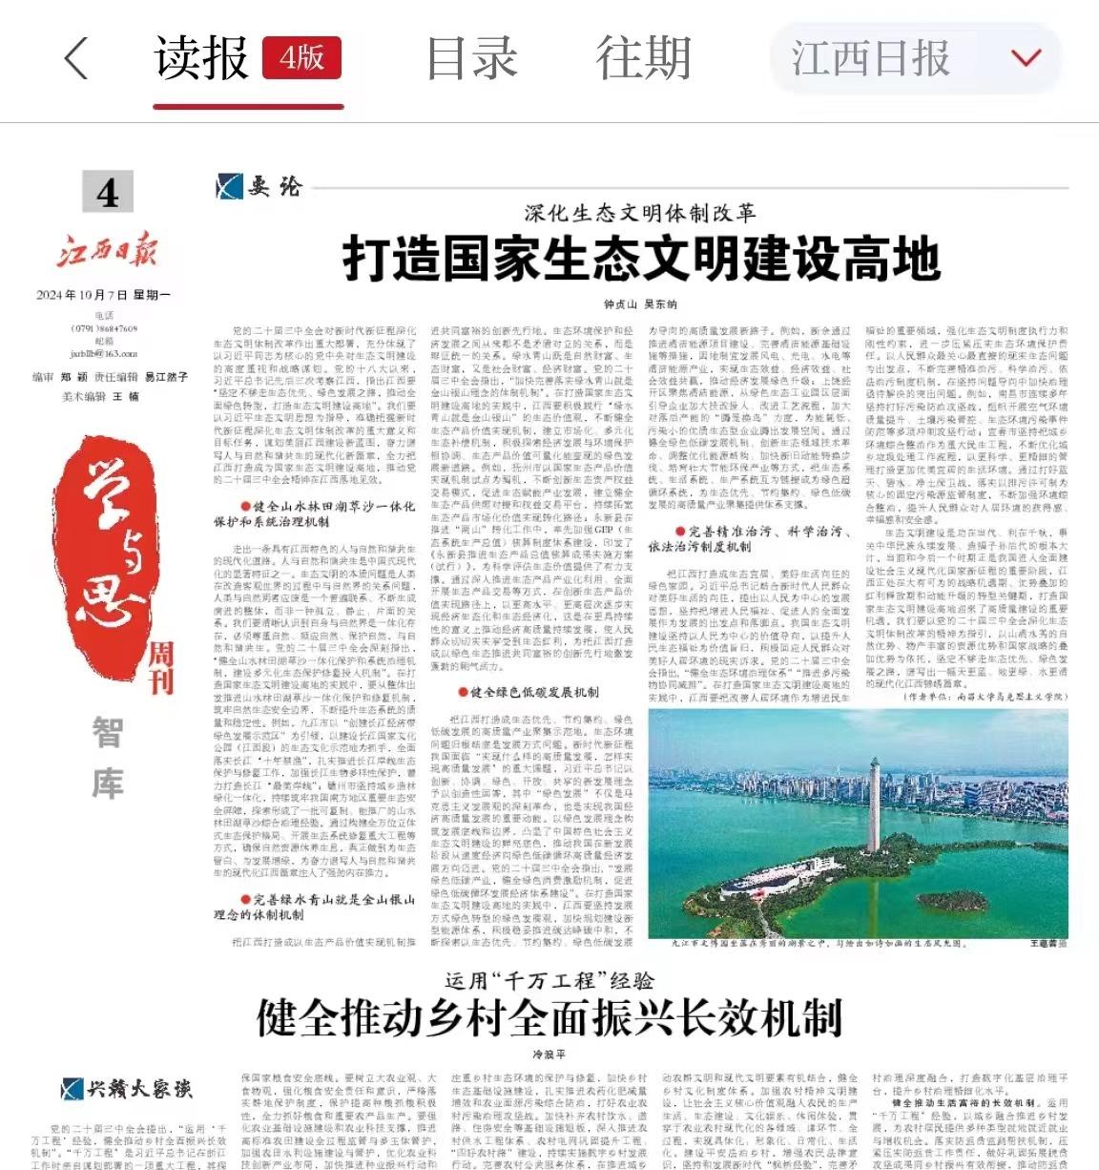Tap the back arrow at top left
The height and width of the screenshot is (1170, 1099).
[76, 59]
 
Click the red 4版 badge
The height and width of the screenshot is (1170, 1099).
[301, 58]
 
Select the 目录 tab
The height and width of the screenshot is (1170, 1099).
[471, 58]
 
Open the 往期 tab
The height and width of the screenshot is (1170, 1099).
[643, 58]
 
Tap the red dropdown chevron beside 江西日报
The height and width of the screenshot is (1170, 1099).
[1026, 59]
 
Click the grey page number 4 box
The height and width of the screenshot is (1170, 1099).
[108, 193]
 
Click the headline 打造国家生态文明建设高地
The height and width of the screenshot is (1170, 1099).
[641, 259]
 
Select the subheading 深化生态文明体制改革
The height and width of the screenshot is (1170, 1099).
[639, 212]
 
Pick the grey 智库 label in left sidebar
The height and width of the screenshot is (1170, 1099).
[107, 759]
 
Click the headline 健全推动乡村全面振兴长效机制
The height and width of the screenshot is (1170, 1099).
[549, 1017]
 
